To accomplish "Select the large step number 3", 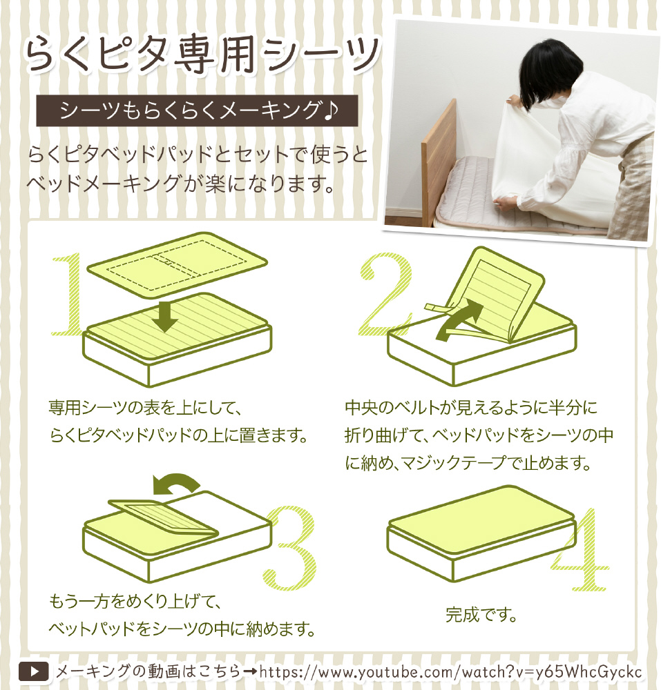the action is coord(291,549).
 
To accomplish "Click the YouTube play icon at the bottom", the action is coord(33,671).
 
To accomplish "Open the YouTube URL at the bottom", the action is coord(450,672).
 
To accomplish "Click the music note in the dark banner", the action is coord(331,110).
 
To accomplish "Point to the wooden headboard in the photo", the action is coord(438,163).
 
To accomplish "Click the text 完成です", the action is coord(481,614).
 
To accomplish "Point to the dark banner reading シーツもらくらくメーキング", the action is coord(197,110).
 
